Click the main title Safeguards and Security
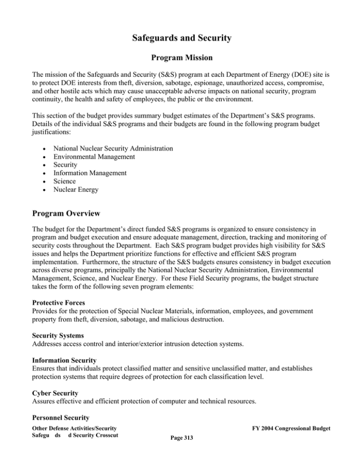point(182,36)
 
